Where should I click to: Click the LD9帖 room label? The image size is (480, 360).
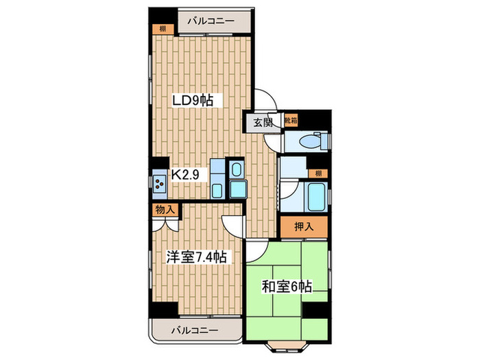(x=193, y=101)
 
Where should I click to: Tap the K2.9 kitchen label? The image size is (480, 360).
(x=185, y=176)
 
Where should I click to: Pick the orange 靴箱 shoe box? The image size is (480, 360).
(x=291, y=121)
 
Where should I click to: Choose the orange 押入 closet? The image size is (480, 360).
(x=303, y=227)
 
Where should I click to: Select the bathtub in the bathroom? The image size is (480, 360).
(x=314, y=197)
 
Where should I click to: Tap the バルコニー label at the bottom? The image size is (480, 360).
(x=195, y=330)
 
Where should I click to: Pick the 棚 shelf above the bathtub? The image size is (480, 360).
(x=318, y=172)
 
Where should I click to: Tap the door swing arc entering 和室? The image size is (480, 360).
(x=256, y=251)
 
